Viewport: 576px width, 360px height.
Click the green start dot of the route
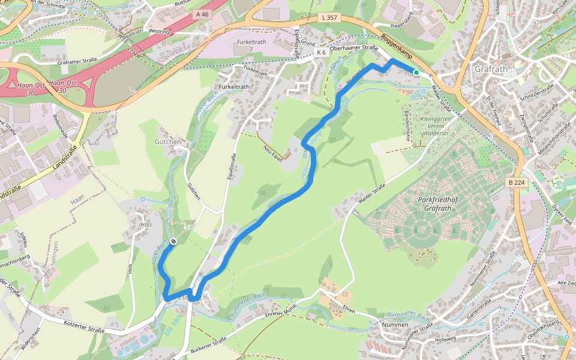click(416, 72)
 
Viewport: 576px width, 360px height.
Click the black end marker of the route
click(173, 241)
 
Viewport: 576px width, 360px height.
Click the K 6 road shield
click(321, 53)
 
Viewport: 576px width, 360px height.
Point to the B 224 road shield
click(515, 182)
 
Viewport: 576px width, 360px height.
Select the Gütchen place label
click(167, 142)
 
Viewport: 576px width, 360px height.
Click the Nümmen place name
click(395, 325)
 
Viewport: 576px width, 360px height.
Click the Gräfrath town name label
click(491, 69)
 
